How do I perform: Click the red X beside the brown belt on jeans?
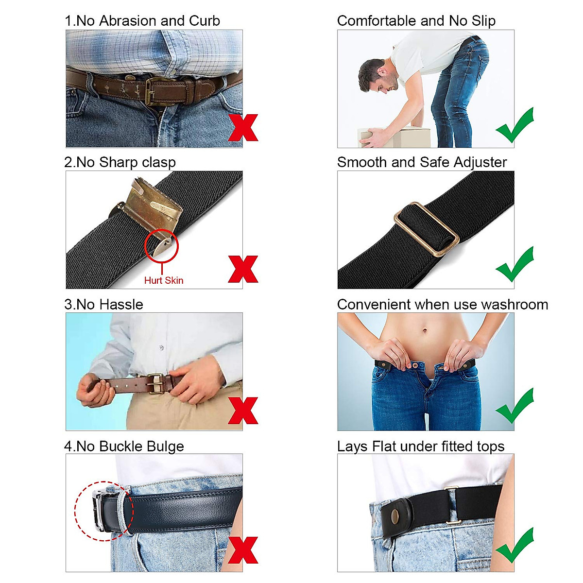point(243,128)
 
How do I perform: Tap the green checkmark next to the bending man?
point(515,125)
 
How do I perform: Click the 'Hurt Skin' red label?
point(164,280)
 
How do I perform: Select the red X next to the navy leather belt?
point(243,550)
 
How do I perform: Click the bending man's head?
point(373,75)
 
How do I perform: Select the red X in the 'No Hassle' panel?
point(243,411)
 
